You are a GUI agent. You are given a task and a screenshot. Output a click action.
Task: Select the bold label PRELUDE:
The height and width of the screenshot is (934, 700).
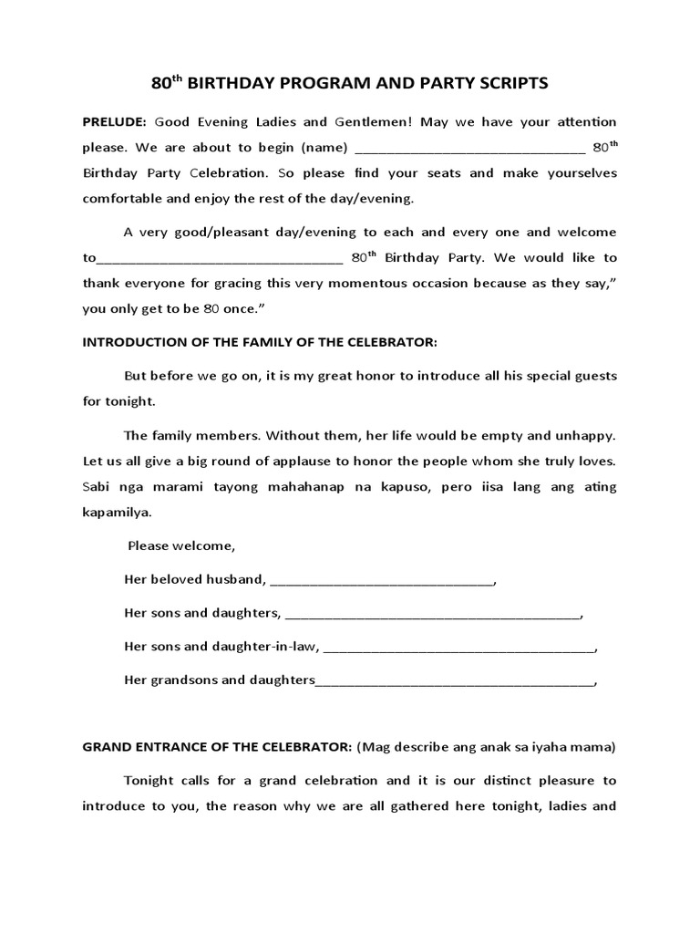coord(115,121)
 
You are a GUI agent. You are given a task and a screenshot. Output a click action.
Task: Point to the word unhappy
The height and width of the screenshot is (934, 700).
coord(586,436)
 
